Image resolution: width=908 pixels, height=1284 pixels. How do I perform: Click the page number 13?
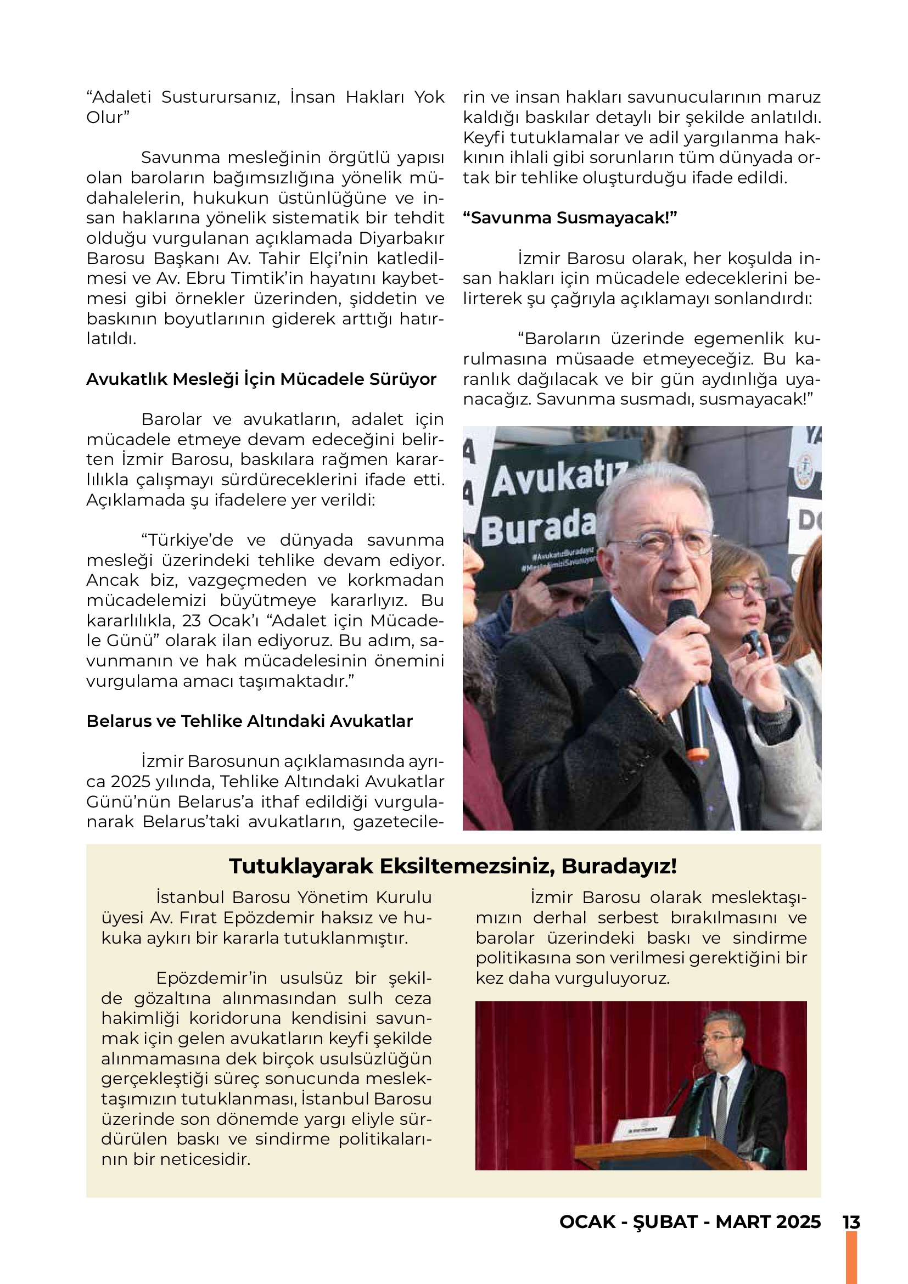(x=851, y=1222)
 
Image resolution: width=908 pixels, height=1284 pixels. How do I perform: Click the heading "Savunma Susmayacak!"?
(x=570, y=218)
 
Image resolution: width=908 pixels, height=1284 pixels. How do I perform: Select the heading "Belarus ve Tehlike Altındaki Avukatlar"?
(x=249, y=721)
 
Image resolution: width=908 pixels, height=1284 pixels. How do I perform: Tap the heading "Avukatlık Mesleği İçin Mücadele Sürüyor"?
(x=261, y=379)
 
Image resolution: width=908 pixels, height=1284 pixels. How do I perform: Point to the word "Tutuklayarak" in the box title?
(x=301, y=866)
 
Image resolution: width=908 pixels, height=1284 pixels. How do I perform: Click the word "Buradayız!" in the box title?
(x=619, y=866)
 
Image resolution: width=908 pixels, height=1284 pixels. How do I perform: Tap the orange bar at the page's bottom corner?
(x=851, y=1258)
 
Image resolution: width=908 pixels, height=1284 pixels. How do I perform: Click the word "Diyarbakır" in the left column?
(x=401, y=238)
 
